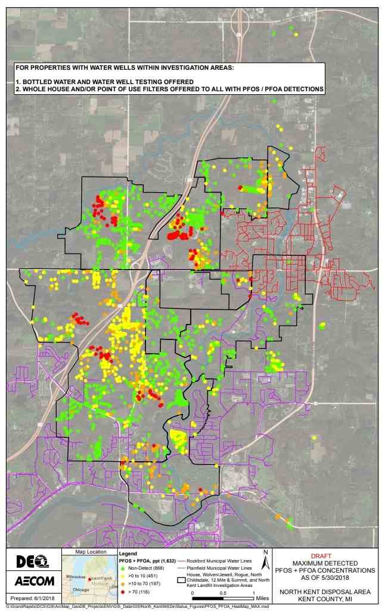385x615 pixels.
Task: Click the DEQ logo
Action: (30, 561)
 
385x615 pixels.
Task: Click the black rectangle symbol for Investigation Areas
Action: (181, 579)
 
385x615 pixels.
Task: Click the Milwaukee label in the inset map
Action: (77, 577)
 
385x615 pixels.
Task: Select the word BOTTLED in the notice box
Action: (38, 81)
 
